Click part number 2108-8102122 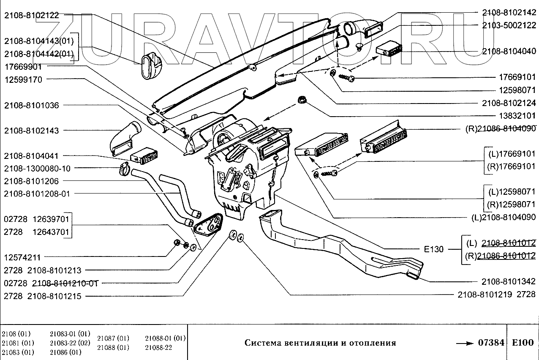pyautogui.click(x=31, y=16)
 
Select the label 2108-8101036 pyautogui.click(x=31, y=105)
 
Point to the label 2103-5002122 pyautogui.click(x=509, y=25)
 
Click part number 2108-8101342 pyautogui.click(x=509, y=281)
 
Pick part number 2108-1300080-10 pyautogui.click(x=37, y=168)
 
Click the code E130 pyautogui.click(x=434, y=249)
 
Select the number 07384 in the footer pyautogui.click(x=491, y=343)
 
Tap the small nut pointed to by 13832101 pyautogui.click(x=302, y=100)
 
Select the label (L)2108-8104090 pyautogui.click(x=503, y=218)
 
